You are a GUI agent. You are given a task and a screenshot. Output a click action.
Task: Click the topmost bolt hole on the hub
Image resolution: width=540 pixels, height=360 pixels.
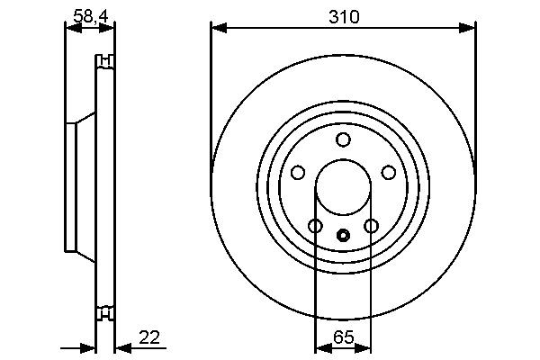(342, 139)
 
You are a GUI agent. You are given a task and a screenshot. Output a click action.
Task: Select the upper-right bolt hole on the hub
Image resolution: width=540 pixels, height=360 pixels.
(389, 172)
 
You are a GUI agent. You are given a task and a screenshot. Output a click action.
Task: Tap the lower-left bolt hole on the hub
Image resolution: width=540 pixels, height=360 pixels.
(314, 226)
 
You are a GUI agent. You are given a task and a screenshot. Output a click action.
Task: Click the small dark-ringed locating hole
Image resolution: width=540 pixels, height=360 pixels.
(342, 236)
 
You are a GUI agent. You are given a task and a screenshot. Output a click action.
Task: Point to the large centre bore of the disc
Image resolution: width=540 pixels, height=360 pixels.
(342, 188)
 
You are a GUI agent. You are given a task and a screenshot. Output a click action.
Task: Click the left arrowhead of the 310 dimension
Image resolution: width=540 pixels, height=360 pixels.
(216, 29)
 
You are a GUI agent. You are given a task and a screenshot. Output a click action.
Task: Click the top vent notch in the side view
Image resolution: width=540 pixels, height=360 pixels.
(105, 62)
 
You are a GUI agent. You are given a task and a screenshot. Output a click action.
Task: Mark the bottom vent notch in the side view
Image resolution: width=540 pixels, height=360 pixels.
(105, 313)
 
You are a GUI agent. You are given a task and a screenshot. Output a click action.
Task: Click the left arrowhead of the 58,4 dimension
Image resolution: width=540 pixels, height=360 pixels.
(70, 28)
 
